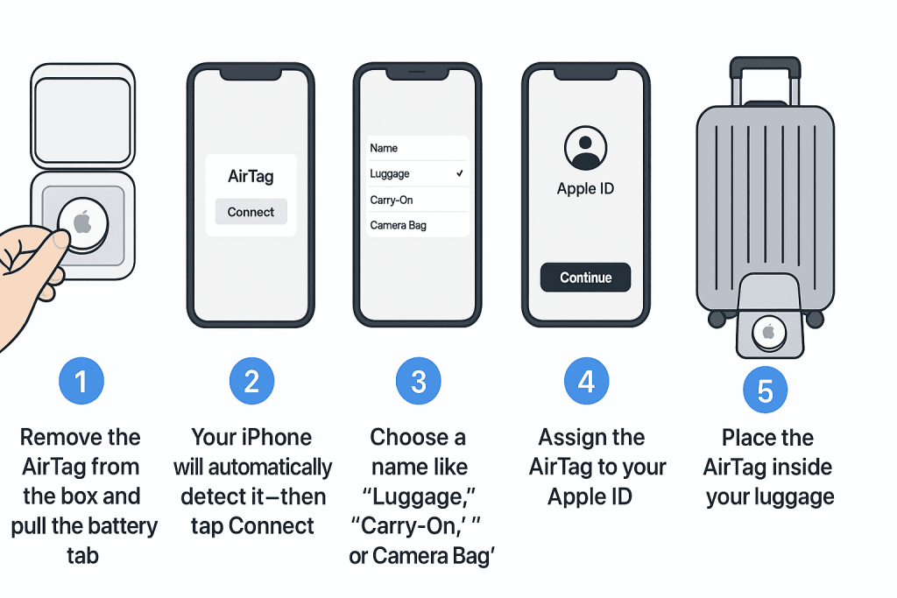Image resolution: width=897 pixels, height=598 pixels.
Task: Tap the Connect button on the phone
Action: (251, 212)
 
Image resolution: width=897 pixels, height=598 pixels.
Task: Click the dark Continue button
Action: (585, 278)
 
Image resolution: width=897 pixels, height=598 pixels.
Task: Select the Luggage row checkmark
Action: (459, 173)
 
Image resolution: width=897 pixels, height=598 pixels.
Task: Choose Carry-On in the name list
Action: (392, 201)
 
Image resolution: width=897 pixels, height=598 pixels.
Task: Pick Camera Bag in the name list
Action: (399, 225)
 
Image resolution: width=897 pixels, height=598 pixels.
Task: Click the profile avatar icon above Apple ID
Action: (585, 147)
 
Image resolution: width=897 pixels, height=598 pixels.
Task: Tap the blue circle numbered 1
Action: (81, 382)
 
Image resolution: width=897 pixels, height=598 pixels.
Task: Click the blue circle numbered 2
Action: (251, 382)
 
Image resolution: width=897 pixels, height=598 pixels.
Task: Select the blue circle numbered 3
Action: (418, 382)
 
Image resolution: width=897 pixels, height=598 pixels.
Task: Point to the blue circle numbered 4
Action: (586, 382)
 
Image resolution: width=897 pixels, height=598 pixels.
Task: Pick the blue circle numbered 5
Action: (766, 390)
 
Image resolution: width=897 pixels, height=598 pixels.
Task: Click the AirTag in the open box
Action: (83, 224)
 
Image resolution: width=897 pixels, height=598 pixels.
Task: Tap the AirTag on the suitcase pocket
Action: (769, 332)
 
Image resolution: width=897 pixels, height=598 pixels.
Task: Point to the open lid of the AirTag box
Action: (83, 116)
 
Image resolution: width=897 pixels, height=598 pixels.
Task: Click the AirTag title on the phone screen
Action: (251, 176)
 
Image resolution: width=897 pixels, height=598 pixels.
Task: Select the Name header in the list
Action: (384, 148)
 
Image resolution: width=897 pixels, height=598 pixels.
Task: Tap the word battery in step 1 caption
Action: (121, 526)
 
